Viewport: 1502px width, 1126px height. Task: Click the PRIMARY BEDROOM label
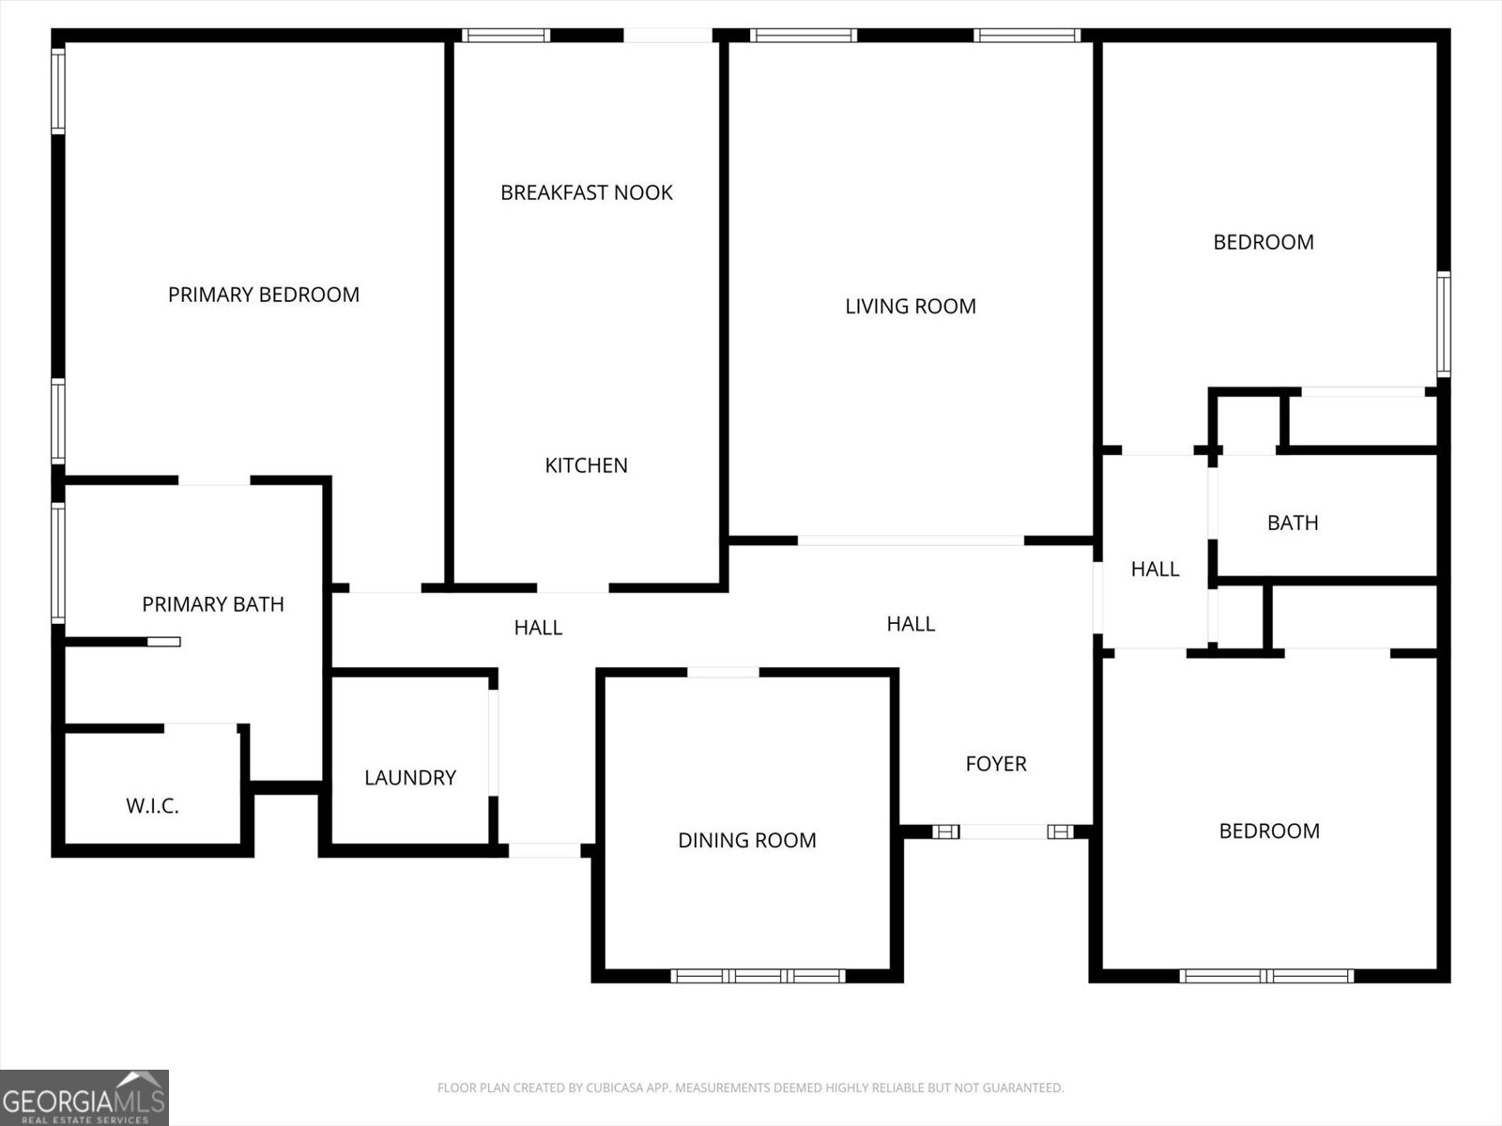tap(264, 295)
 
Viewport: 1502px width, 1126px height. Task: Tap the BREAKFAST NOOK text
tap(587, 192)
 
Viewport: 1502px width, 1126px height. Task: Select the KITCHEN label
tap(587, 465)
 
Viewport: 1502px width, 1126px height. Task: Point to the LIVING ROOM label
tap(911, 306)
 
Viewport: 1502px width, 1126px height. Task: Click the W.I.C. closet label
tap(152, 806)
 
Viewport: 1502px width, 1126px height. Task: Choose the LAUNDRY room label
tap(410, 778)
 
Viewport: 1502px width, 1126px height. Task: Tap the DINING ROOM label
tap(747, 841)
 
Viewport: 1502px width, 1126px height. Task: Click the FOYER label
tap(996, 764)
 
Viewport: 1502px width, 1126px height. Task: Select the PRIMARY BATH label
tap(213, 604)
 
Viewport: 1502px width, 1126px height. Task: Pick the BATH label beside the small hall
tap(1293, 523)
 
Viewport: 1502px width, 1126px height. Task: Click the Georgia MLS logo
tap(84, 1097)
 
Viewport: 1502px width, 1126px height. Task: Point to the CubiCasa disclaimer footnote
tap(750, 1088)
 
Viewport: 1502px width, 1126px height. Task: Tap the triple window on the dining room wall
tap(759, 976)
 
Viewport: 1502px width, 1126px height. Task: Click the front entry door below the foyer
tap(1004, 831)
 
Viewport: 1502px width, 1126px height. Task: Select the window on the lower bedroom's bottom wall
tap(1266, 976)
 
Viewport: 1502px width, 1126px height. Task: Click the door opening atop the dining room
tap(723, 672)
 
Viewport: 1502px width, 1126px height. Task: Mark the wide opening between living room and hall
tap(911, 540)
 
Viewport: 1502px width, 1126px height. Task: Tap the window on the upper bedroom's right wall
tap(1444, 324)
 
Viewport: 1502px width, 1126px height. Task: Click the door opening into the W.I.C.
tap(200, 727)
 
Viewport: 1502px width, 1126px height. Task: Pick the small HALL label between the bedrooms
tap(1155, 569)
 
